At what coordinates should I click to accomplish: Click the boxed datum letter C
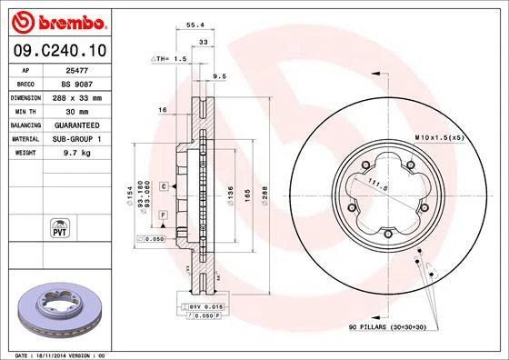click(162, 185)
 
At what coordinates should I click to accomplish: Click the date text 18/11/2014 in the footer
click(55, 354)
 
